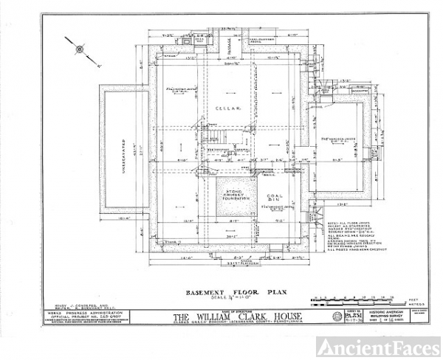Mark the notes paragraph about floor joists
pos(348,235)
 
